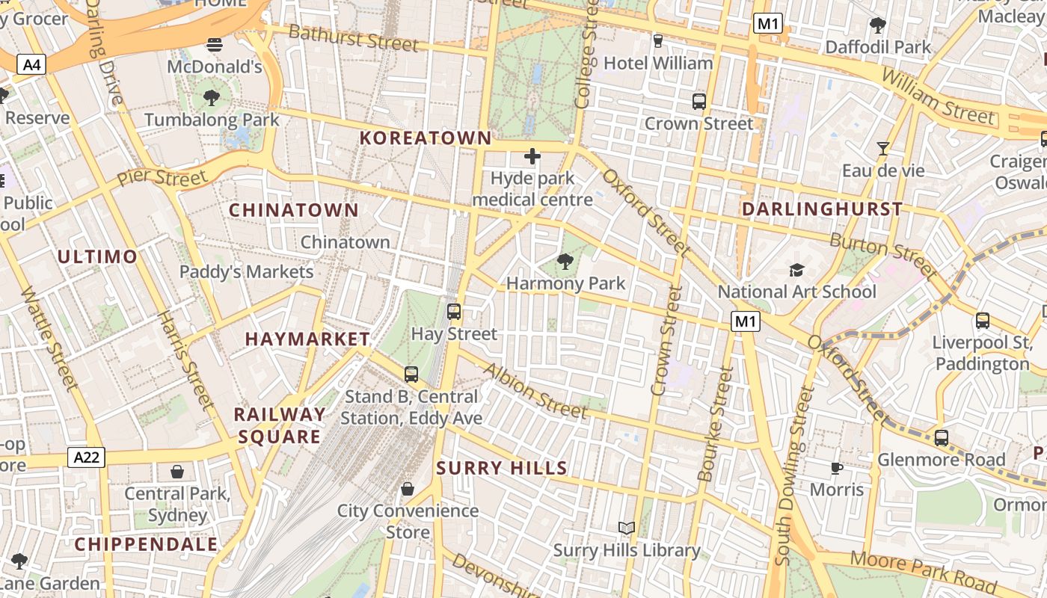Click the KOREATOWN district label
(426, 138)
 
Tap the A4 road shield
(31, 65)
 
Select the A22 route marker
(86, 457)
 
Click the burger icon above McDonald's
(215, 45)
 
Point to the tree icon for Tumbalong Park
(212, 97)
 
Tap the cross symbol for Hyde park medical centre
(532, 156)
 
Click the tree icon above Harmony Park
(565, 262)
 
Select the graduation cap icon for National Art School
(796, 270)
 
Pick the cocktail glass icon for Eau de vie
(883, 149)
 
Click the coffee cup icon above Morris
(837, 469)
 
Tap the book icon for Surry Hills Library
(627, 528)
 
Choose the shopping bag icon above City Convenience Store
(408, 489)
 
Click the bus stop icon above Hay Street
(454, 312)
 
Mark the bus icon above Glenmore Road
(942, 438)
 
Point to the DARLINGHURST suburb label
(822, 209)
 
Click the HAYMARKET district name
(307, 339)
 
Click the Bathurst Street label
(353, 37)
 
